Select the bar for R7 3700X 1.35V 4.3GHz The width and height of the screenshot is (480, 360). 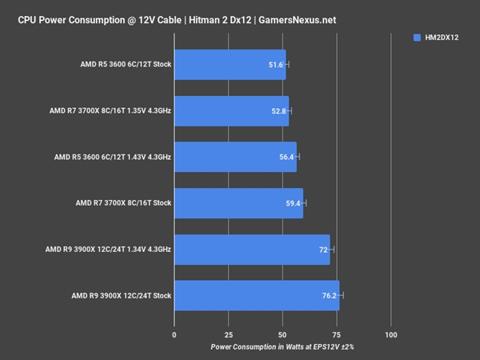pos(231,110)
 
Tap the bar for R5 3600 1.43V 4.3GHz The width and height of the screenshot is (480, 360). pos(235,157)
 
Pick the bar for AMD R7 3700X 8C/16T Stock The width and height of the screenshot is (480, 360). pos(238,203)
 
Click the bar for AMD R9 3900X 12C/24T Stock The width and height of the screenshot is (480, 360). pos(256,296)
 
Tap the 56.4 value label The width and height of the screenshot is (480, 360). pos(286,157)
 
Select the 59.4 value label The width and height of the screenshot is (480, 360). pos(293,203)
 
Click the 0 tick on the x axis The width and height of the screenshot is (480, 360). pos(174,334)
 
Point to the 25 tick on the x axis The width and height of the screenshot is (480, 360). pos(228,334)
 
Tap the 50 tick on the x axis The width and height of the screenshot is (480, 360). pos(282,334)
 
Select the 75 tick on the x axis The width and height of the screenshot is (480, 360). pos(337,334)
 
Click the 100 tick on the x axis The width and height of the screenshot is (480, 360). pos(391,334)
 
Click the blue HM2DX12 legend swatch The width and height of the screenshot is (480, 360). pos(418,37)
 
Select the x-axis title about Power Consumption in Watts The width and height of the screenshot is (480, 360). pos(282,347)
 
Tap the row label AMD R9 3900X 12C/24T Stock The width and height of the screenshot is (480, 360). pos(122,296)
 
